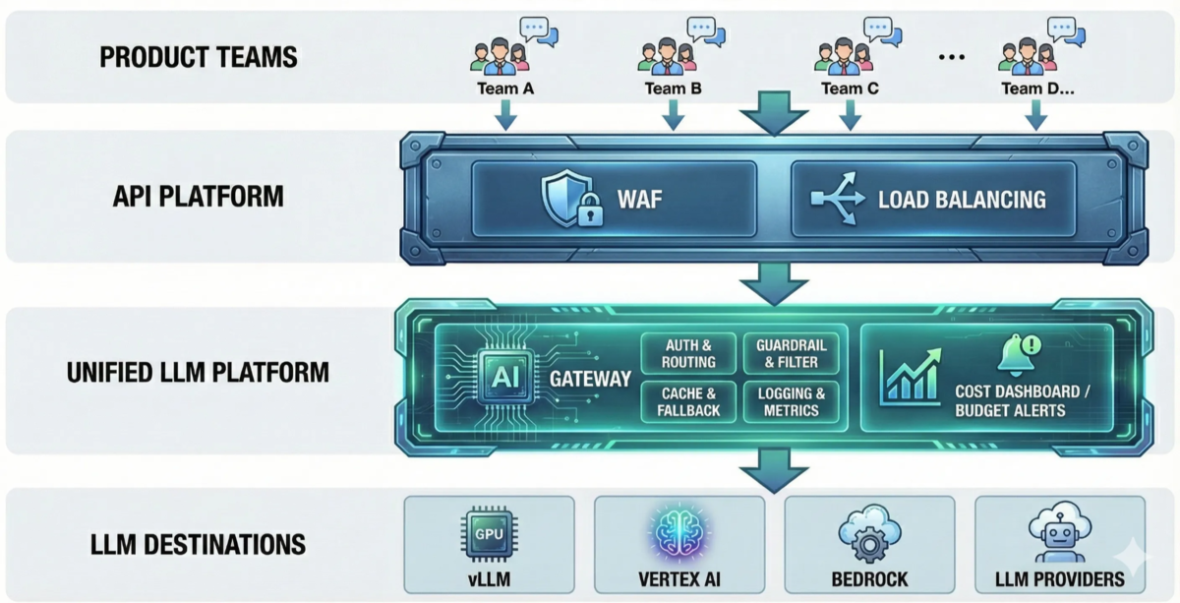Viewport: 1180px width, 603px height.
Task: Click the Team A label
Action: click(x=504, y=89)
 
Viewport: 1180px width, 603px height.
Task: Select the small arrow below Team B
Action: click(x=674, y=115)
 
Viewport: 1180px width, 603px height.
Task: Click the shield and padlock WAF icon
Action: click(x=569, y=198)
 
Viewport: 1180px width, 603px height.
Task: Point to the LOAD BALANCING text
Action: click(x=962, y=199)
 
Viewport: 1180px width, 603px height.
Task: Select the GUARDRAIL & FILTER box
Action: click(x=792, y=354)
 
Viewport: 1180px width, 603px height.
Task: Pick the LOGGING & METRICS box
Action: click(x=792, y=401)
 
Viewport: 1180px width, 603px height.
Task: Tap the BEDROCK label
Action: click(x=868, y=579)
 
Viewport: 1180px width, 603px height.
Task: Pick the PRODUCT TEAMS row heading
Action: click(x=199, y=57)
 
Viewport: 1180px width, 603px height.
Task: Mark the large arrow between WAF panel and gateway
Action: click(x=773, y=286)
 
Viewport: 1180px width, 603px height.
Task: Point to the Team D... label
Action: click(x=1037, y=89)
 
